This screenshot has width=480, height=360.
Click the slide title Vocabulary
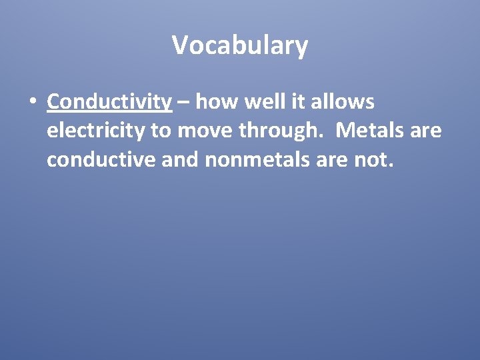coord(240,45)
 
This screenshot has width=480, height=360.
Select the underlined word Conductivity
coord(110,101)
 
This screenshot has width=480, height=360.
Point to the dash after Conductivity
coord(184,102)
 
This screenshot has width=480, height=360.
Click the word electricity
coord(96,131)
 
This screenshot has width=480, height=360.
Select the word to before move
coord(161,131)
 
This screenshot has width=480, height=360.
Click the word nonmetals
coord(250,160)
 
